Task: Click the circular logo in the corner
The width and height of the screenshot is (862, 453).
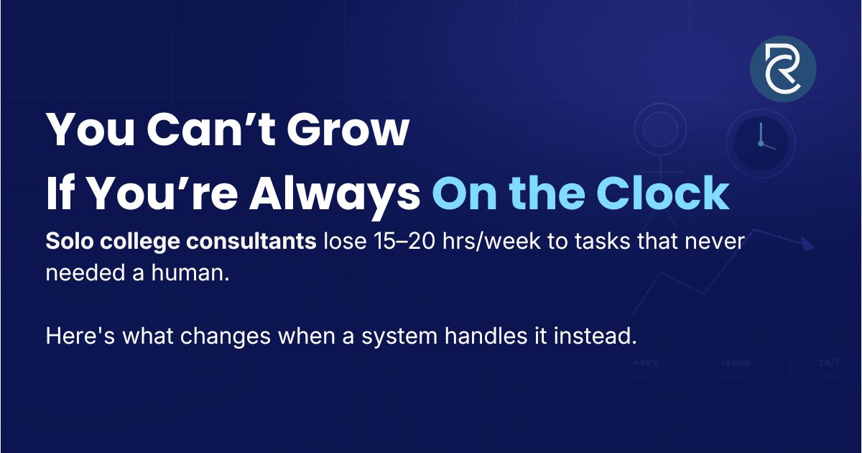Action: click(x=783, y=69)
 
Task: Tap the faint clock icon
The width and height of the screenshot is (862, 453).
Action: click(x=761, y=142)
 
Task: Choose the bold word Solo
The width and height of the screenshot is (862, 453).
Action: click(x=67, y=242)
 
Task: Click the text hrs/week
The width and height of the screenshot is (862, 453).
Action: click(x=486, y=242)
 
